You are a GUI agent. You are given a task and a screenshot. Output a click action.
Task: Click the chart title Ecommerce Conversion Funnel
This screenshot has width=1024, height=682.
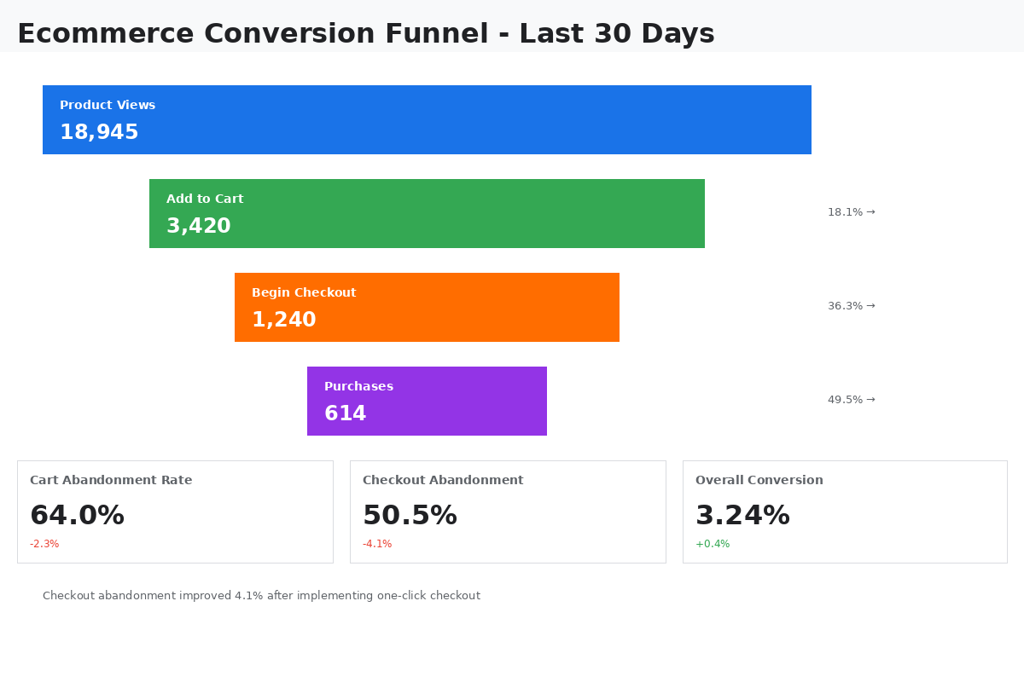365,34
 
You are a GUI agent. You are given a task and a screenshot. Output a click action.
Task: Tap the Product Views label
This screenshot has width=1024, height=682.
108,105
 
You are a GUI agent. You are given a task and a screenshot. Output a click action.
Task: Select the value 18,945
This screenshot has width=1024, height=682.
99,133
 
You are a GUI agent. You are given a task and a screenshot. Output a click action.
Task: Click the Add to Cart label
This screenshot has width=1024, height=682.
205,199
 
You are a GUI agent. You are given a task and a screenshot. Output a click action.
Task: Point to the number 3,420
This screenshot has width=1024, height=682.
198,227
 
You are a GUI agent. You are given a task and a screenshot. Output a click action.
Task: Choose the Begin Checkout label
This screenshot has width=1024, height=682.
304,292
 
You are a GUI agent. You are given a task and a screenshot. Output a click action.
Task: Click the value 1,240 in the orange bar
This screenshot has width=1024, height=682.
283,321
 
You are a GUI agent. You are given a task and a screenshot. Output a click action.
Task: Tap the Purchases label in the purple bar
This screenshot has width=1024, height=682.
358,386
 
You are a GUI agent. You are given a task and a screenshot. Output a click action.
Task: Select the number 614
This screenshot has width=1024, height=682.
345,414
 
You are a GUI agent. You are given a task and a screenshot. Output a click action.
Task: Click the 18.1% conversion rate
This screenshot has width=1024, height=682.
851,212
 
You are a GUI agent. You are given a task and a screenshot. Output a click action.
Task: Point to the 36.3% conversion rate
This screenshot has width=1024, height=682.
851,306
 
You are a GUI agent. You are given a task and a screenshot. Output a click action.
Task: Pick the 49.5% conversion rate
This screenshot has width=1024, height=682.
851,400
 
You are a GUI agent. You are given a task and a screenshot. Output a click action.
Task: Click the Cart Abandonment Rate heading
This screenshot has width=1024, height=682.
111,481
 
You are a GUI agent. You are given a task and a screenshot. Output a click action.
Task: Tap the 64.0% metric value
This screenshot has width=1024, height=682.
77,516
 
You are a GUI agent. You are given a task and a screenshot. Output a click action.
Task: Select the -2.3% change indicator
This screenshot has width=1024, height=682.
44,544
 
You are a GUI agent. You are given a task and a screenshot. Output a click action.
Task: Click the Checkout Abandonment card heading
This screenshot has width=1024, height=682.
443,481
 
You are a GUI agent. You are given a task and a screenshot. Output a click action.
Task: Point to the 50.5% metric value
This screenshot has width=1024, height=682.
410,516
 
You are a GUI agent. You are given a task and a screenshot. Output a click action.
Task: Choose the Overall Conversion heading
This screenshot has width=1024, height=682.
759,481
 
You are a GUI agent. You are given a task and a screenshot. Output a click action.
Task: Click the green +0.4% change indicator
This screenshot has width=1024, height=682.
713,544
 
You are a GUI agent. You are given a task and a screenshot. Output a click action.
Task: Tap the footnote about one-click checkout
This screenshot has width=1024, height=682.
261,596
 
